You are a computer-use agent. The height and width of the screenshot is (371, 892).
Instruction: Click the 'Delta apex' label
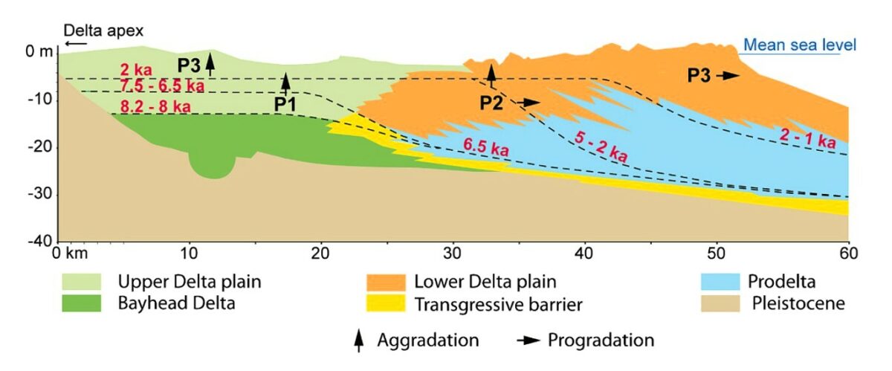(x=103, y=31)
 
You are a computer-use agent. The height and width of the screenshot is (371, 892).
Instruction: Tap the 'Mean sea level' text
(x=800, y=45)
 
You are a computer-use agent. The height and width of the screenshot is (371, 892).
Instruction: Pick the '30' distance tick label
(x=453, y=254)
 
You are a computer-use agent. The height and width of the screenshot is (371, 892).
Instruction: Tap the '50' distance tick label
(x=717, y=254)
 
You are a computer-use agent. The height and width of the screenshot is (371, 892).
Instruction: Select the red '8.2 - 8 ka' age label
(x=155, y=106)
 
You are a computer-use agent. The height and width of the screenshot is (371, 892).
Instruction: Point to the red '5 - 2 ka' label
(x=601, y=146)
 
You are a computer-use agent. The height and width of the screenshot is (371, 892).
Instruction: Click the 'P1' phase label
(x=285, y=105)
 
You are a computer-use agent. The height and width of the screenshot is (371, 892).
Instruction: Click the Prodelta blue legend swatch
(x=719, y=283)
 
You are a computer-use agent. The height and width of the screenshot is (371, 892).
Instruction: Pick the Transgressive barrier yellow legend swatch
(x=387, y=304)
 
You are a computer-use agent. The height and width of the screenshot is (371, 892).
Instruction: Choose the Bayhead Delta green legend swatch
(x=83, y=304)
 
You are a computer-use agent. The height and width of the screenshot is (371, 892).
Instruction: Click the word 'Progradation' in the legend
(x=601, y=341)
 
